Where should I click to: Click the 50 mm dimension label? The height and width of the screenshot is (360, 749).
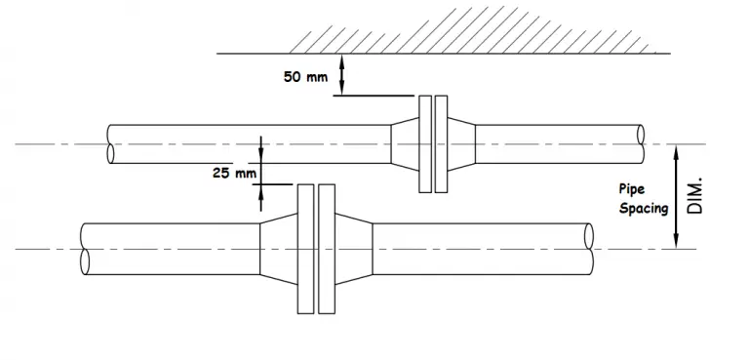[x=305, y=77]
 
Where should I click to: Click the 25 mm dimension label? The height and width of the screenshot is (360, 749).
[x=233, y=173]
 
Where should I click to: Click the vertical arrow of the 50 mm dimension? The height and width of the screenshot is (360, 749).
[x=341, y=75]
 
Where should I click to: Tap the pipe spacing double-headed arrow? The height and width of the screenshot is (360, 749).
[x=677, y=195]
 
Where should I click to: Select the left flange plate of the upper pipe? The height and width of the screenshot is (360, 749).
[x=423, y=143]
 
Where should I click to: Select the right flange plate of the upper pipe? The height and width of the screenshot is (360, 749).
[x=441, y=143]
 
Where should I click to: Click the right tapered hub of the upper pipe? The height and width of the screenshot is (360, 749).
[x=462, y=143]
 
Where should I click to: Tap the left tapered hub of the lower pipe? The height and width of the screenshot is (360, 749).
[x=278, y=248]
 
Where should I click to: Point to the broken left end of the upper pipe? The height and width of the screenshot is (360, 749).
[x=112, y=143]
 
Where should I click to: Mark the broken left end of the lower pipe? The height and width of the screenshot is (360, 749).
[x=85, y=248]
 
